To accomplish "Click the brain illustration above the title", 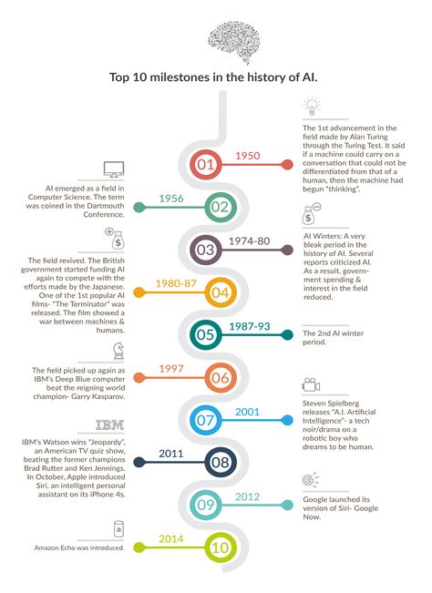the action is point(234,42).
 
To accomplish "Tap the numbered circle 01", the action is point(205,165).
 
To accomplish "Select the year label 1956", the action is point(171,199).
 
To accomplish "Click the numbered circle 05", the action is point(205,334).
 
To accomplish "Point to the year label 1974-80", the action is point(250,240).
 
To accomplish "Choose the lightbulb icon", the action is point(312,107).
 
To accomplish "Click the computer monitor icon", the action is point(114,169).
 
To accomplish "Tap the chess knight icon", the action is point(118,351).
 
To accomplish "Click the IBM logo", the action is point(109,425).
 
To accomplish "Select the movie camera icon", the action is point(312,384).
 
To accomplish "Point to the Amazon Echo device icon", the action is point(118,528).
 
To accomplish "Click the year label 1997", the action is point(171,368).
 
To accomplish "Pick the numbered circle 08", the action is point(221,462).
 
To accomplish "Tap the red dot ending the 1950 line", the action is point(287,165).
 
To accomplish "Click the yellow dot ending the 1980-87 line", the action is point(139,292).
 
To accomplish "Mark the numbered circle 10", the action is point(221,547).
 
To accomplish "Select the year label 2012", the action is point(247,496).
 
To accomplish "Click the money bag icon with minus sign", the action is point(312,214).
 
